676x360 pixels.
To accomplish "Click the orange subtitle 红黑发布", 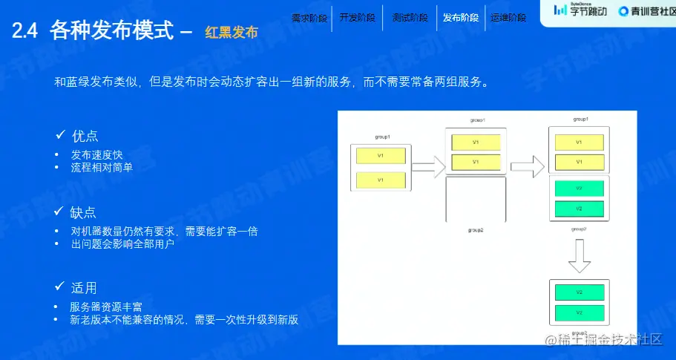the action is click(232, 32).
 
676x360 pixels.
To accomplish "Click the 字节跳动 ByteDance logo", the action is click(580, 10).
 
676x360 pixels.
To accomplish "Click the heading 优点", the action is click(85, 137).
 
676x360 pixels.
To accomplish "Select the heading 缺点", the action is click(85, 212).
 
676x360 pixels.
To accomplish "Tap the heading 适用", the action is click(85, 288).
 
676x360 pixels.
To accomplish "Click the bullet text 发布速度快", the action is click(96, 155).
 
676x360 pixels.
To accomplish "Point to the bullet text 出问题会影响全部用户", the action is click(122, 243).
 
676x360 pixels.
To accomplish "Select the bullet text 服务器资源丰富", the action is click(106, 307).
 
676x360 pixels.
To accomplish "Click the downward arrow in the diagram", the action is click(579, 256).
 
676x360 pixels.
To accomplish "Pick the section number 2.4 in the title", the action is click(27, 30).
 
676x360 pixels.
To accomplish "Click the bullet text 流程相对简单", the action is click(102, 168).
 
